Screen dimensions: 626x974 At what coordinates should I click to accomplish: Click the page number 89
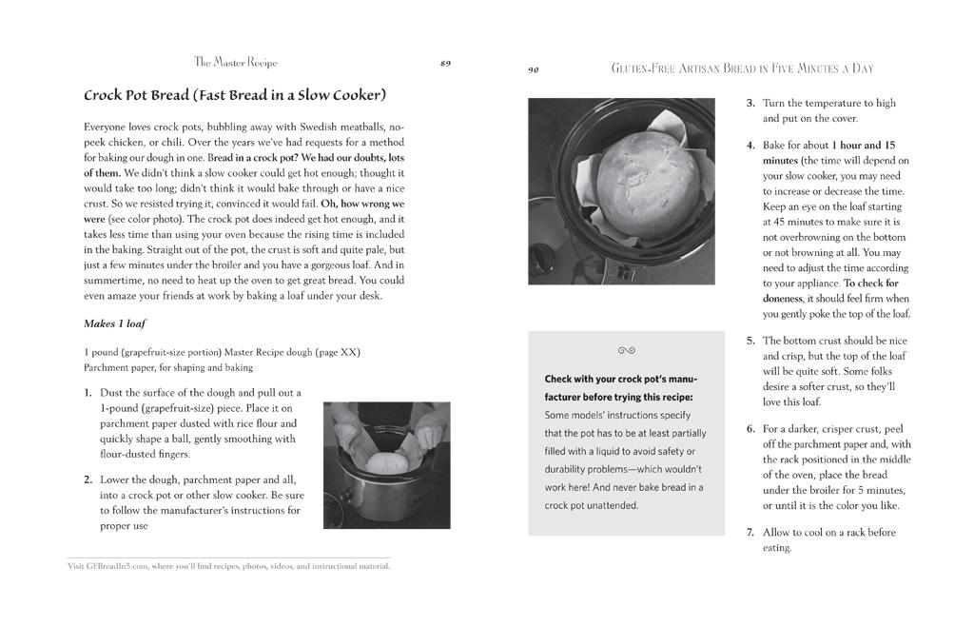click(x=445, y=64)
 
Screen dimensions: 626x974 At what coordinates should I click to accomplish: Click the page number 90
click(x=534, y=69)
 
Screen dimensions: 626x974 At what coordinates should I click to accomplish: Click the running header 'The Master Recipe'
click(x=236, y=63)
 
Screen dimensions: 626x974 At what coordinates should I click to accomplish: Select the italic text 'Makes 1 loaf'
click(x=114, y=323)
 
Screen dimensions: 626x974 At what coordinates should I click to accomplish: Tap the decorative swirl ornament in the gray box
click(x=626, y=350)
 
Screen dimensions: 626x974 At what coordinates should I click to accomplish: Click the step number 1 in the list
click(x=88, y=393)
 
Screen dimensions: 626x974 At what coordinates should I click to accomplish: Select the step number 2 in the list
click(x=88, y=480)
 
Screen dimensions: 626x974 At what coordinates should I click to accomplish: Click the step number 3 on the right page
click(x=750, y=104)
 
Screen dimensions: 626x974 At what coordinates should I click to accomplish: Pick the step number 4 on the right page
click(x=750, y=146)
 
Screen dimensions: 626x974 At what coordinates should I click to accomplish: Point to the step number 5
click(x=750, y=341)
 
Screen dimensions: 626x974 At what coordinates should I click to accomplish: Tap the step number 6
click(x=750, y=429)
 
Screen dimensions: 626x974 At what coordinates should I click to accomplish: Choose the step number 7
click(x=750, y=533)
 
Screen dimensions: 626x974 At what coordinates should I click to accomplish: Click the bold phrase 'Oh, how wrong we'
click(x=362, y=204)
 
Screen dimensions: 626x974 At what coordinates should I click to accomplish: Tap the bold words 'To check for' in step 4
click(x=870, y=284)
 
